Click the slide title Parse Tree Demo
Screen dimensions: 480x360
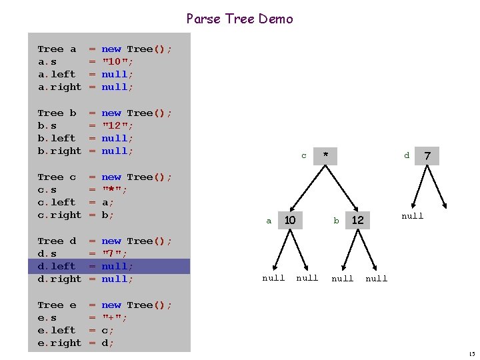239,19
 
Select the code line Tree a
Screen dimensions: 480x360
105,49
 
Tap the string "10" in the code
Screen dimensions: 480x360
117,61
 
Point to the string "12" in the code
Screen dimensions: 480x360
117,125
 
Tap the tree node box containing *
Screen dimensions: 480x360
325,156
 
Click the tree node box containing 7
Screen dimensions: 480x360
427,156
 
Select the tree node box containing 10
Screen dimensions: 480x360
290,220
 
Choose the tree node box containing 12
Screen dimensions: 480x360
357,220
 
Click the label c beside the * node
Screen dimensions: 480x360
304,156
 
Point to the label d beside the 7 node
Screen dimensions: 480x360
407,156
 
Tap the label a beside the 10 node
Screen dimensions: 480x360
269,221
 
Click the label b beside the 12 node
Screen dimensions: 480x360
337,221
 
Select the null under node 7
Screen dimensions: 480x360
412,216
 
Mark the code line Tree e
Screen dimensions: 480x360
105,305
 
